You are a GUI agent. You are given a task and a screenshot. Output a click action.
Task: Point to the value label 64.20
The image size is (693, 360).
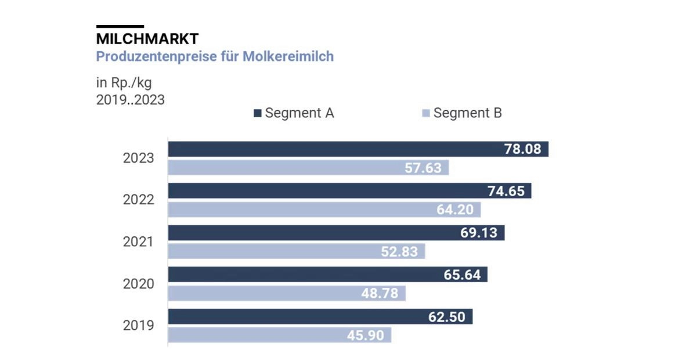tap(455, 210)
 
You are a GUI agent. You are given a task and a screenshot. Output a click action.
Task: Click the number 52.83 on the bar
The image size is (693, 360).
tap(399, 251)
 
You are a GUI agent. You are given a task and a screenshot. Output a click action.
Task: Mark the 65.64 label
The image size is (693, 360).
tap(463, 275)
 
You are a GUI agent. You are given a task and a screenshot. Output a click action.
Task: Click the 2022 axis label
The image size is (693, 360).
tap(138, 200)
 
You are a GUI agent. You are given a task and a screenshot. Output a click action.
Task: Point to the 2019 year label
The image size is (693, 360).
tap(138, 325)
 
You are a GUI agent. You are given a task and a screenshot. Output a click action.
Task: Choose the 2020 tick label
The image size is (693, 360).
tap(138, 283)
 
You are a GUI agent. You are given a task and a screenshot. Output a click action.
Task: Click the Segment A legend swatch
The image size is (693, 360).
tap(258, 113)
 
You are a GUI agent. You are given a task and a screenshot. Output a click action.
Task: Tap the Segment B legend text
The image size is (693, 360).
tap(467, 113)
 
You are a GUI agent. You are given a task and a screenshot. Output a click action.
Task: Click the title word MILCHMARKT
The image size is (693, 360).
tap(147, 39)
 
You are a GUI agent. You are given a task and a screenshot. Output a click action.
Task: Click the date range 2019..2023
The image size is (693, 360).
tap(130, 100)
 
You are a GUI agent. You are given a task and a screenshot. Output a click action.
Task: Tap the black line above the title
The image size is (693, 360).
tap(120, 26)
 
